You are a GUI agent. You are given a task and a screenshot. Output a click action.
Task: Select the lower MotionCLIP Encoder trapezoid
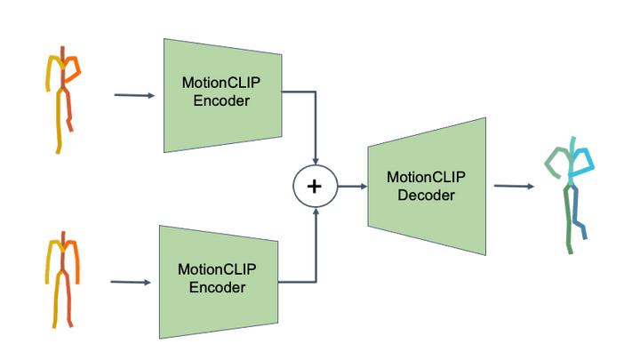point(218,279)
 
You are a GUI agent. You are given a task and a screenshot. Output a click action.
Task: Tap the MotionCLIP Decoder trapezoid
point(428,186)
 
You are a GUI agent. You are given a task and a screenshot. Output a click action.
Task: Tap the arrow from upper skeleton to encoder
point(134,94)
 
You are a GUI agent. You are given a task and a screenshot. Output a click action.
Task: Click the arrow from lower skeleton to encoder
point(131,283)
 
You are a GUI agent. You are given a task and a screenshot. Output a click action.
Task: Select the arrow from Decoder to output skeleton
point(514,186)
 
